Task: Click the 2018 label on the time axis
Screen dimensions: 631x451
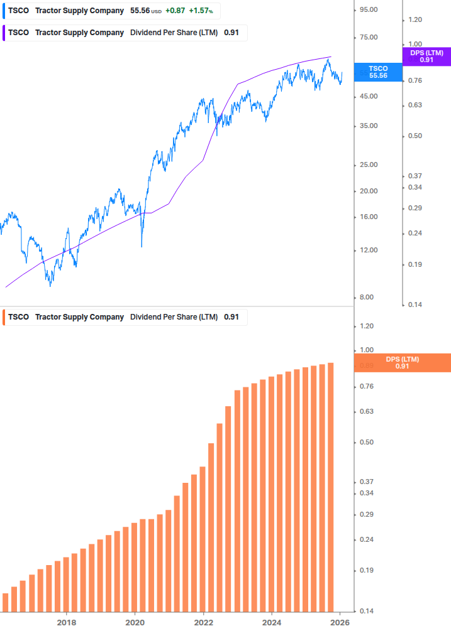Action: pyautogui.click(x=67, y=623)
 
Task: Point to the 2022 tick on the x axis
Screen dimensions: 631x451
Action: pyautogui.click(x=203, y=623)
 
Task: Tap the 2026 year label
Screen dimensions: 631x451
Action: pyautogui.click(x=340, y=623)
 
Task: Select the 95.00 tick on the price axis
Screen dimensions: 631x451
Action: pyautogui.click(x=367, y=9)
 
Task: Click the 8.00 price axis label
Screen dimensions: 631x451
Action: pyautogui.click(x=367, y=298)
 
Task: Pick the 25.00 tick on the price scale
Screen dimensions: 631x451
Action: pyautogui.click(x=367, y=164)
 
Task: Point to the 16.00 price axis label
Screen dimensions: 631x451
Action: pyautogui.click(x=367, y=217)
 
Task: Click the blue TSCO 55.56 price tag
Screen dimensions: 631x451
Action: pyautogui.click(x=378, y=72)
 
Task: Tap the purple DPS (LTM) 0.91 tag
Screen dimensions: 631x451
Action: pyautogui.click(x=426, y=56)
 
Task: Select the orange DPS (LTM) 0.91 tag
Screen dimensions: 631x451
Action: pyautogui.click(x=403, y=362)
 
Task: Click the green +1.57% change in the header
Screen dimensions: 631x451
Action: pyautogui.click(x=201, y=11)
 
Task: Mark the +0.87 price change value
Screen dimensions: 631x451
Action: pyautogui.click(x=175, y=11)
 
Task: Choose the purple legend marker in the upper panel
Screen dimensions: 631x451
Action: pyautogui.click(x=4, y=33)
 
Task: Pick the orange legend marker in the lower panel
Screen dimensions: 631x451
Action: pyautogui.click(x=4, y=317)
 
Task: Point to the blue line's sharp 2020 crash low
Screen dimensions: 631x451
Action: pyautogui.click(x=142, y=246)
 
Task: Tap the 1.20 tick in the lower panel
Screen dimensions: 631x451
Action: pyautogui.click(x=367, y=326)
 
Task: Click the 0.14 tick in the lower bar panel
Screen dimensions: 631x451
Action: pyautogui.click(x=367, y=611)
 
